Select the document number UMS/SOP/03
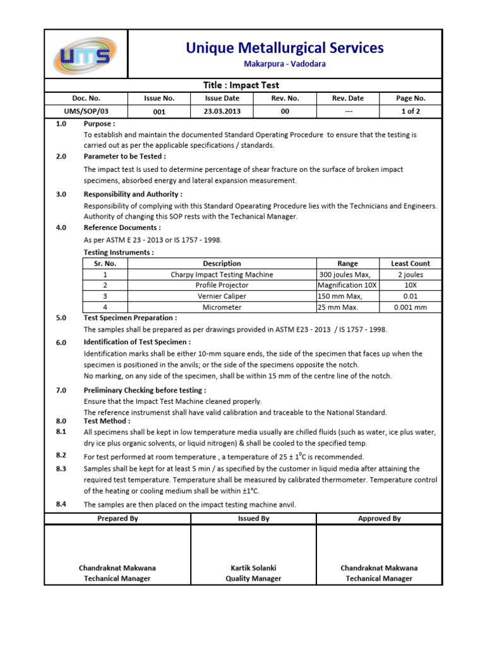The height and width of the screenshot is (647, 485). pyautogui.click(x=86, y=111)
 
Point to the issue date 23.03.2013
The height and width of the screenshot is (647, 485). pyautogui.click(x=222, y=111)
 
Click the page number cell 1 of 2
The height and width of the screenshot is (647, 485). pyautogui.click(x=410, y=111)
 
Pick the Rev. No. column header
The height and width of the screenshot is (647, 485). pyautogui.click(x=285, y=99)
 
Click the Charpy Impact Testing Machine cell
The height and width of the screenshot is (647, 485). pyautogui.click(x=222, y=275)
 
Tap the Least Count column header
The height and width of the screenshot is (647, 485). pyautogui.click(x=410, y=263)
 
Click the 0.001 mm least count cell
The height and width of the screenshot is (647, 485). pyautogui.click(x=410, y=308)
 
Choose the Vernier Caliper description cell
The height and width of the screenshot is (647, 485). pyautogui.click(x=222, y=296)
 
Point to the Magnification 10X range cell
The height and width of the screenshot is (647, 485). pyautogui.click(x=347, y=286)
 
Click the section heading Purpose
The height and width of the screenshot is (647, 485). pyautogui.click(x=100, y=124)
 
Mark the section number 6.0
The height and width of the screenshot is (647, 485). pyautogui.click(x=61, y=342)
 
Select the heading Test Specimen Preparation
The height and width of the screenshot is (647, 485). pyautogui.click(x=131, y=318)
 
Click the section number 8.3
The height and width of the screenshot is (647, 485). pyautogui.click(x=61, y=469)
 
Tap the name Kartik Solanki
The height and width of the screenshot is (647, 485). pyautogui.click(x=253, y=568)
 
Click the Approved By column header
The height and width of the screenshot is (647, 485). pyautogui.click(x=379, y=519)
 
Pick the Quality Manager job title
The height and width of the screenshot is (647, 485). pyautogui.click(x=253, y=579)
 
